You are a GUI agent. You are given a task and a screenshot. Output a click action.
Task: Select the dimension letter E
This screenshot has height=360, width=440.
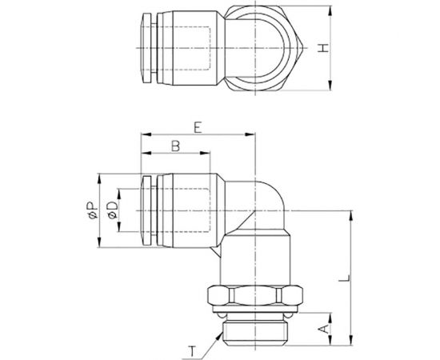point(197,126)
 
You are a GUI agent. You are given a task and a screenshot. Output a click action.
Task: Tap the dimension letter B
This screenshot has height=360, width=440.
point(174,146)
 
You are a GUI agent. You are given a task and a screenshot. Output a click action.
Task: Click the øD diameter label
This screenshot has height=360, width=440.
point(113,211)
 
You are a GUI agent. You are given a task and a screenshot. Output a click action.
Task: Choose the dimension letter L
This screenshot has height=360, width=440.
point(342,279)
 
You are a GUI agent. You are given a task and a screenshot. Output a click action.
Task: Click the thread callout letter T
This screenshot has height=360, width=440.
point(193,350)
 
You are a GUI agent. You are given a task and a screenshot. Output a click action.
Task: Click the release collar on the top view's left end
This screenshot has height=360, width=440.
point(145,49)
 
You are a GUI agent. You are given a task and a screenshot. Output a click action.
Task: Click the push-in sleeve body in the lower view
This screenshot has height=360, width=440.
point(186,211)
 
